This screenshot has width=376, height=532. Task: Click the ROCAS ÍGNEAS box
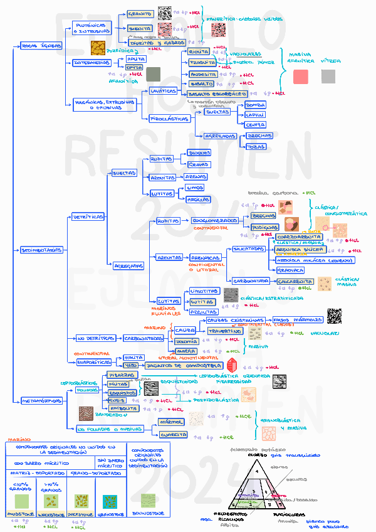tap(41, 46)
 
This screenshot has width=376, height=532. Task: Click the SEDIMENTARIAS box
tap(42, 250)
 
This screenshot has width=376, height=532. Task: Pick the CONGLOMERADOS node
tap(214, 221)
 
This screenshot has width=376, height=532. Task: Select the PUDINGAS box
tap(264, 227)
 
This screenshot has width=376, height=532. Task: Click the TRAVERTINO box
tap(222, 331)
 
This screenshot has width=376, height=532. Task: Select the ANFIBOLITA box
tap(123, 408)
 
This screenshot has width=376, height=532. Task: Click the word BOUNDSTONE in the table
tap(148, 513)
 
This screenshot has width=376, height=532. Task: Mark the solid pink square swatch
tap(300, 77)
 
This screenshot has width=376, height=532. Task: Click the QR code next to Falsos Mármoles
tap(334, 316)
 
